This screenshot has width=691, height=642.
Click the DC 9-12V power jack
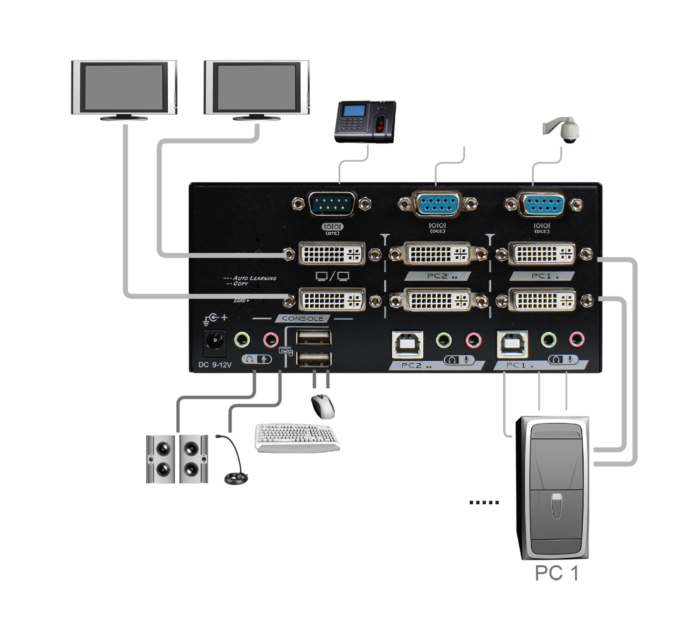pyautogui.click(x=214, y=342)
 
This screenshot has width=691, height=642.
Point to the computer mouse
pyautogui.click(x=323, y=407)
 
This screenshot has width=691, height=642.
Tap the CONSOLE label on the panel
pyautogui.click(x=302, y=318)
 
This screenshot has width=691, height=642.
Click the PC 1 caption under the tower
pyautogui.click(x=556, y=573)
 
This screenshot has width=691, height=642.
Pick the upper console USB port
pyautogui.click(x=314, y=338)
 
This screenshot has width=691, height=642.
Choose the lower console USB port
pyautogui.click(x=314, y=359)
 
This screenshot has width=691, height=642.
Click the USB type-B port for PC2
pyautogui.click(x=407, y=344)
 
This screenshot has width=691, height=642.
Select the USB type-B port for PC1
pyautogui.click(x=512, y=344)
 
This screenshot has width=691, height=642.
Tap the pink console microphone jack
pyautogui.click(x=271, y=340)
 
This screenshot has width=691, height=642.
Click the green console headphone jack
pyautogui.click(x=242, y=340)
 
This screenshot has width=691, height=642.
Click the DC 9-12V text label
pyautogui.click(x=214, y=365)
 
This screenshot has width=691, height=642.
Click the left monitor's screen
pyautogui.click(x=124, y=87)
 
